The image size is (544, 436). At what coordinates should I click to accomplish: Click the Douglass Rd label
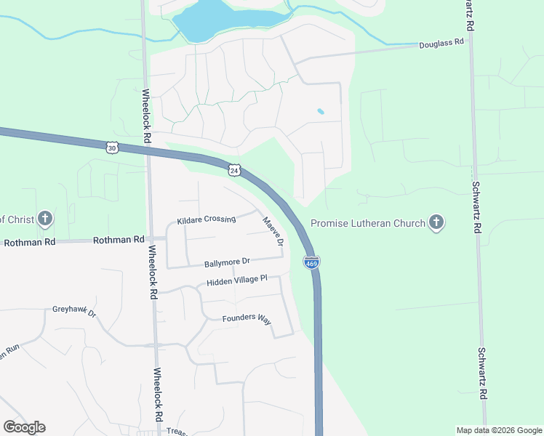(441, 44)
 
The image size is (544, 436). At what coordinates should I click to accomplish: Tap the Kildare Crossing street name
(207, 219)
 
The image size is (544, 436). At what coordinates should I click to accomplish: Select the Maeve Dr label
(272, 231)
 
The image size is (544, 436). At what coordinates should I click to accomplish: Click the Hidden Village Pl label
(237, 280)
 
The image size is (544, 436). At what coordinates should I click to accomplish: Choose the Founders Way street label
(246, 318)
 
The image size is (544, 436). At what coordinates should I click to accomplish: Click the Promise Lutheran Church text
(367, 223)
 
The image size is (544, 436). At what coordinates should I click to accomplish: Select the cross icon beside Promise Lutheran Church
(436, 222)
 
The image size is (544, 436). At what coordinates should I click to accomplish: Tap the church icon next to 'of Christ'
(45, 218)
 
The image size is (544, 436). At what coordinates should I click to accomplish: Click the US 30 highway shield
(111, 148)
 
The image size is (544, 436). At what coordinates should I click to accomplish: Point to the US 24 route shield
(233, 169)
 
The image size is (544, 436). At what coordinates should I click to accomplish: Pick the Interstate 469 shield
(311, 262)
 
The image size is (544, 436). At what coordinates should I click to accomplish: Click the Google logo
(24, 427)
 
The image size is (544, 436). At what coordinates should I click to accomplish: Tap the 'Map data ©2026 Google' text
(498, 430)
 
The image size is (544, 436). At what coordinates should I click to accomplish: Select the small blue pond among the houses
(320, 112)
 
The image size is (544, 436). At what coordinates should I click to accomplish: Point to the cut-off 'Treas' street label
(177, 432)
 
